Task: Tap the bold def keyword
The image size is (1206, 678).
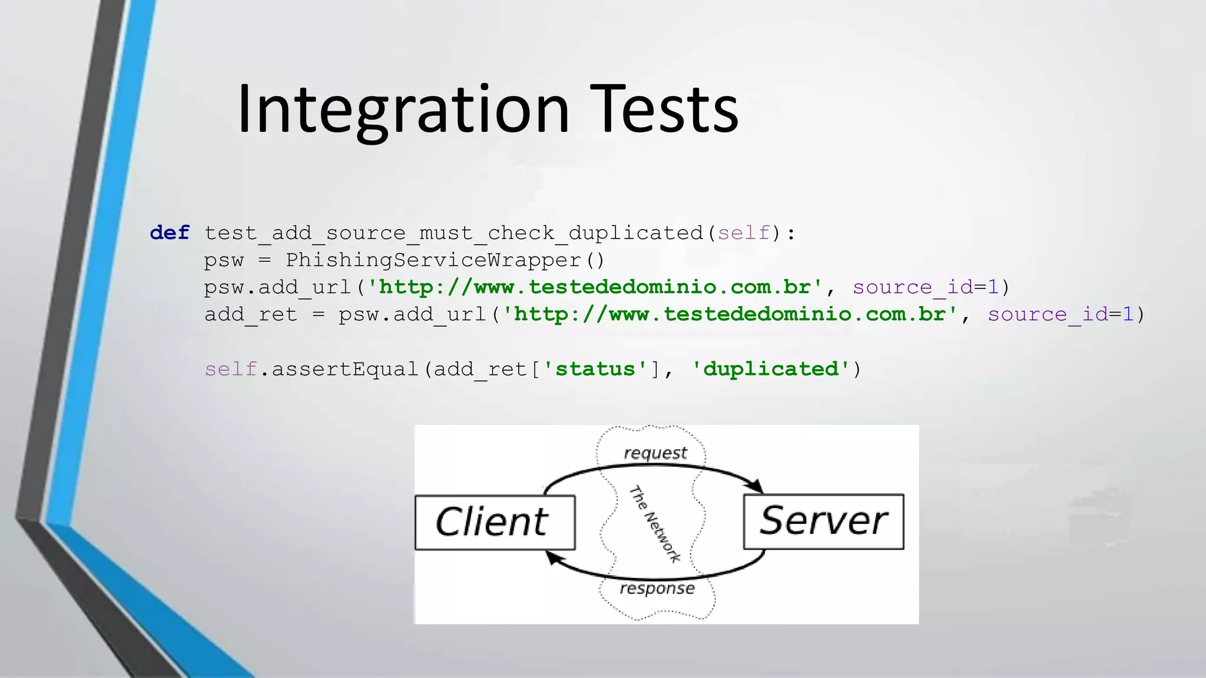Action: [x=170, y=233]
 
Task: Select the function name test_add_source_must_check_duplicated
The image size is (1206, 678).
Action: [x=453, y=234]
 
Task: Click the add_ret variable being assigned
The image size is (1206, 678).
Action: [x=251, y=315]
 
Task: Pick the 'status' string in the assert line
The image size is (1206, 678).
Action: [x=595, y=369]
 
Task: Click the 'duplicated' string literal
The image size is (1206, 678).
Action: [x=771, y=369]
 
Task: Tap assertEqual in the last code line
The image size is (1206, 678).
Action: [x=344, y=369]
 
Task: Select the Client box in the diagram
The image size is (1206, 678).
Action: [x=495, y=523]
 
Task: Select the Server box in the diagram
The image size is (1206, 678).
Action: [x=823, y=521]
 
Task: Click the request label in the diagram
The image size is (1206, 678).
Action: [x=655, y=453]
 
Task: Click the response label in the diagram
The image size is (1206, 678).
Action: [x=657, y=589]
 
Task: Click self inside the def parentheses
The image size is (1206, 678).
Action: [x=744, y=233]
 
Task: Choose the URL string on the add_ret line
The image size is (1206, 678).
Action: [x=730, y=314]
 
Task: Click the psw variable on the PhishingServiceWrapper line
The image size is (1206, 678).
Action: [x=224, y=260]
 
